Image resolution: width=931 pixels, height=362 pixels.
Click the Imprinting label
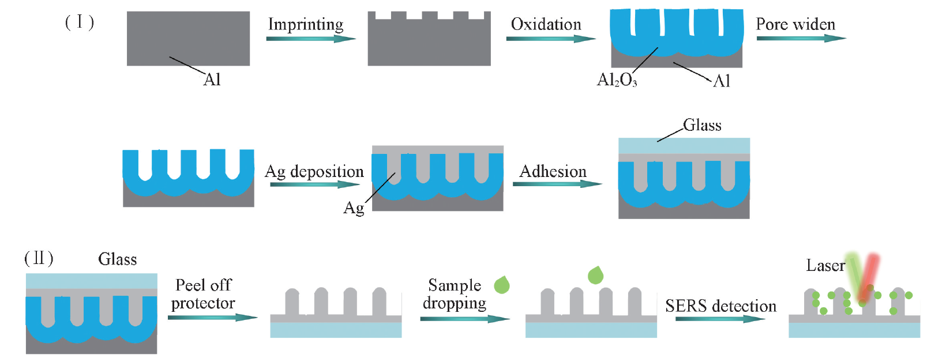306,24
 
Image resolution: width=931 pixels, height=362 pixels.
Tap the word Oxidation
546,24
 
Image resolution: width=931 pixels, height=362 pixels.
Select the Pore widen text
795,24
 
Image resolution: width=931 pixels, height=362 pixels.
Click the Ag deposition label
314,172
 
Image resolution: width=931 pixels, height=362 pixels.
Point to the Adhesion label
553,171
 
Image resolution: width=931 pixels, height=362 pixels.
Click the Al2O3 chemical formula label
617,80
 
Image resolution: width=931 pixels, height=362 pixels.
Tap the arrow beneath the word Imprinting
310,39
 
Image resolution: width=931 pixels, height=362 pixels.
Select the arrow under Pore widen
801,38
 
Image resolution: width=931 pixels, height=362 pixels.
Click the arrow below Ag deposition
314,184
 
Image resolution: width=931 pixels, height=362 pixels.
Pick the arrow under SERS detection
719,318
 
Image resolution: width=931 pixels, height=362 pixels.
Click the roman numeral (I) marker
79,22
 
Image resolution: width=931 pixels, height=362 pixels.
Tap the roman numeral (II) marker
39,258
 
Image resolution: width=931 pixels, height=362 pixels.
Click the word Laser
825,266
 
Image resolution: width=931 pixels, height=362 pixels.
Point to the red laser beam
869,277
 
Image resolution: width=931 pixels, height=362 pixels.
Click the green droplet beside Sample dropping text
502,285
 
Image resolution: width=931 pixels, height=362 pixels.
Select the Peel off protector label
203,294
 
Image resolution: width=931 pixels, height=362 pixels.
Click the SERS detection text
720,306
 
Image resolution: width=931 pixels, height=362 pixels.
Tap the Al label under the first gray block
212,80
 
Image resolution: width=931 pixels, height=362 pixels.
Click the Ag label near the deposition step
354,208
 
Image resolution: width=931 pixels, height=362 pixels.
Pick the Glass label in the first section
702,125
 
